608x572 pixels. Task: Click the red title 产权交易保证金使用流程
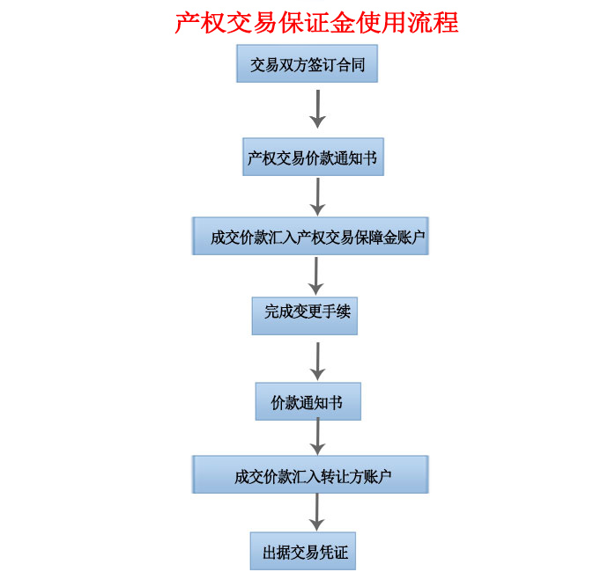tap(316, 23)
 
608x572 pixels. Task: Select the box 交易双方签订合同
tap(308, 63)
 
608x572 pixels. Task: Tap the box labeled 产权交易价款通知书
tap(314, 157)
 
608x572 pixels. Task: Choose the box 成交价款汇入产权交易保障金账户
tap(310, 236)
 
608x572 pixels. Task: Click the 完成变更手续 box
tap(305, 316)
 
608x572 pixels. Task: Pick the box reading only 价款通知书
tap(308, 401)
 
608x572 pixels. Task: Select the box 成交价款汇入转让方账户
tap(310, 475)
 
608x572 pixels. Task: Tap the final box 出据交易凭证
tap(303, 551)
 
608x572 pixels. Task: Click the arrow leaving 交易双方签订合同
tap(318, 109)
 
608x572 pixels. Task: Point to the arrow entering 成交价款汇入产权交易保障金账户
tap(318, 197)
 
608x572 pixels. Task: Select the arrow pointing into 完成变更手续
tap(316, 276)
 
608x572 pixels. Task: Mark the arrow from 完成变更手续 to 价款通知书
tap(318, 362)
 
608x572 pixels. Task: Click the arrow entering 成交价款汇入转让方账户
tap(318, 436)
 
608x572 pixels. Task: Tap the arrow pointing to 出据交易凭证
tap(317, 512)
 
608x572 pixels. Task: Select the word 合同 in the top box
tap(351, 64)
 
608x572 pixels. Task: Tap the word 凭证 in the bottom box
tap(333, 553)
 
